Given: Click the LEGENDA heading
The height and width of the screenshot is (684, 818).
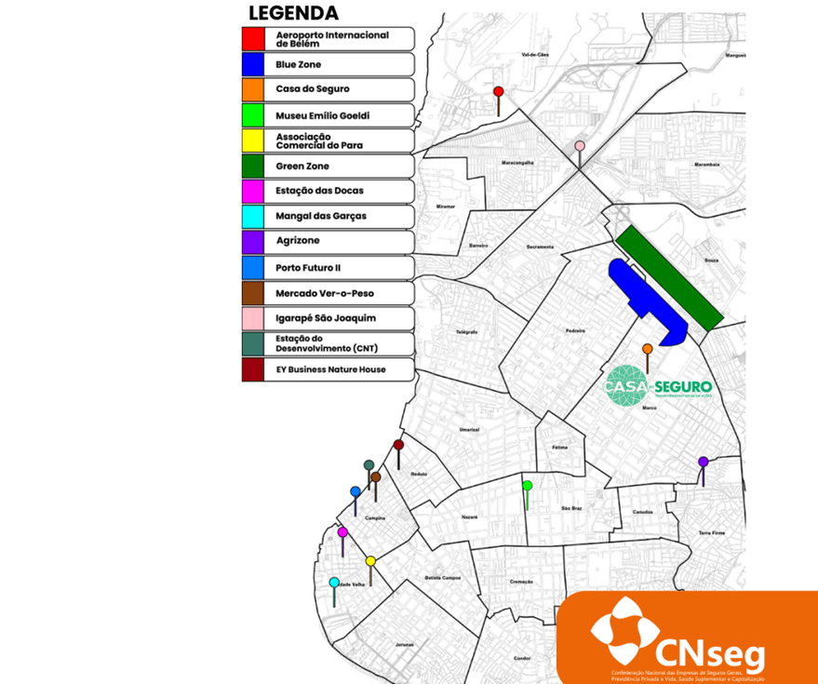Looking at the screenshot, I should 292,13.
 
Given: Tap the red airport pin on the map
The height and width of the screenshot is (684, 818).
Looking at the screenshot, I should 499,91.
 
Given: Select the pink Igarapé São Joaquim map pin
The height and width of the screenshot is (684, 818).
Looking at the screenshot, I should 580,146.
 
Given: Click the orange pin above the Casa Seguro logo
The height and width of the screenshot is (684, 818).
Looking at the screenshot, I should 647,349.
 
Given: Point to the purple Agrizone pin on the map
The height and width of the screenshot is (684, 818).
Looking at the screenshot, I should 704,462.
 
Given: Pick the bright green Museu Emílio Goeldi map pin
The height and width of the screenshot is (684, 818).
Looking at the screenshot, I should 527,486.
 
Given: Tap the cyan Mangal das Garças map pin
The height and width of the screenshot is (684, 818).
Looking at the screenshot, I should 334,583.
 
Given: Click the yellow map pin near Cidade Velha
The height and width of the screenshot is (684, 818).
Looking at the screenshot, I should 370,561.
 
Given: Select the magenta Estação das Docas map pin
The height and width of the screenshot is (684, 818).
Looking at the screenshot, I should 342,532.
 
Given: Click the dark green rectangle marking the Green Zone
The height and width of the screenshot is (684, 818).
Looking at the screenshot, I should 668,276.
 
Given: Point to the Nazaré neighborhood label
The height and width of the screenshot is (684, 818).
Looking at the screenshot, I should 470,516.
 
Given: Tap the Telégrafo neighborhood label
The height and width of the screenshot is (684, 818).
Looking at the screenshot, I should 466,331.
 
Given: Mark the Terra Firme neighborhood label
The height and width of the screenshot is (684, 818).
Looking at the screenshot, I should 711,532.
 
